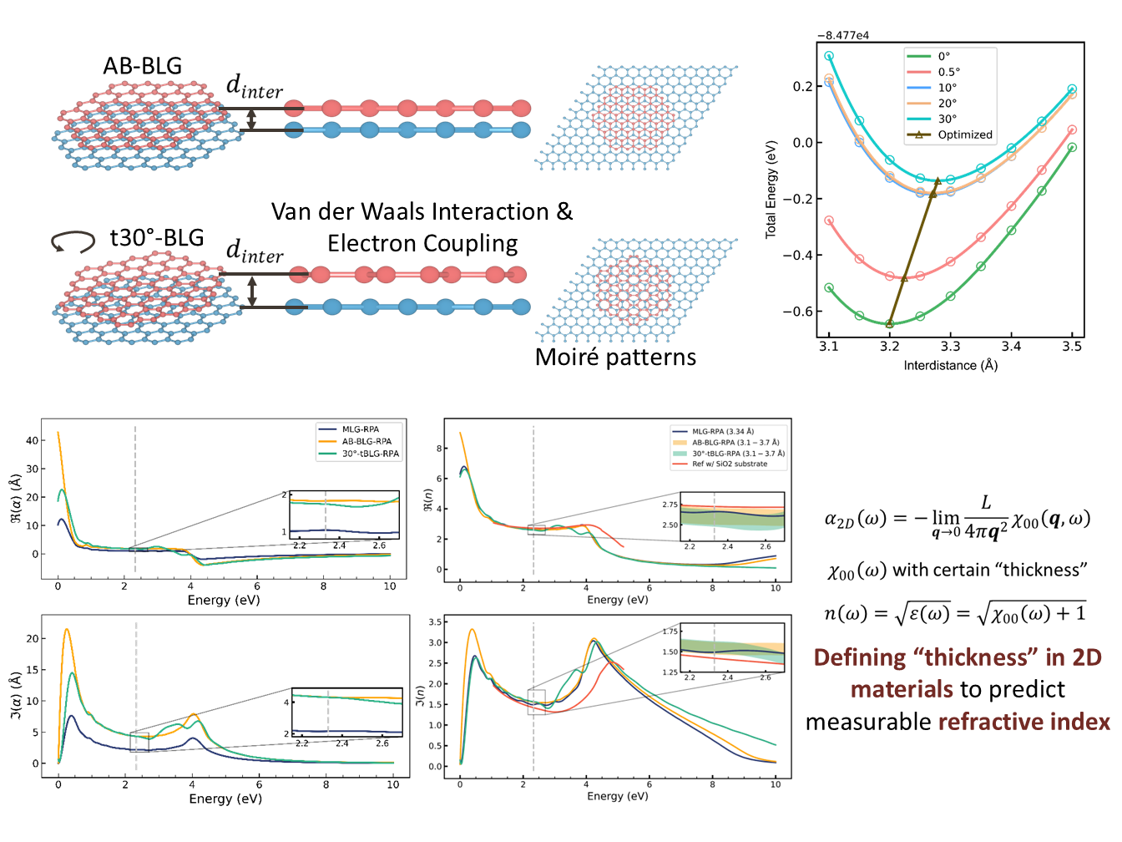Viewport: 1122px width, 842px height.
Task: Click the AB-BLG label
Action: (x=142, y=66)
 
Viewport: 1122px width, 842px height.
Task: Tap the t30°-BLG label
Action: (x=157, y=238)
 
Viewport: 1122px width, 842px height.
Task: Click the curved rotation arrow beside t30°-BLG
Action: (x=73, y=241)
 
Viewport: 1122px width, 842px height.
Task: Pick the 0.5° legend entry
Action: (x=948, y=72)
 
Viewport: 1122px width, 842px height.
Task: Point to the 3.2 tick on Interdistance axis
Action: (x=889, y=346)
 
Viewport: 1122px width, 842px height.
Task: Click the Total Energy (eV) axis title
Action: (x=771, y=190)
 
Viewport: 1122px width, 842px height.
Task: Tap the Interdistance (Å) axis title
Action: (x=950, y=365)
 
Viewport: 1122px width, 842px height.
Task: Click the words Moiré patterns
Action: (x=615, y=358)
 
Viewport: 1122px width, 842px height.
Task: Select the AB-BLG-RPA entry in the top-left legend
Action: (x=366, y=441)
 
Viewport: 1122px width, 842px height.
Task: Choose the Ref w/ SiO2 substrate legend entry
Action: (x=729, y=464)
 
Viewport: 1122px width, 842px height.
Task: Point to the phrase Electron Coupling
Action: (x=422, y=243)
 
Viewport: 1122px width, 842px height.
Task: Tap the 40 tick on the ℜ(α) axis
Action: (x=33, y=440)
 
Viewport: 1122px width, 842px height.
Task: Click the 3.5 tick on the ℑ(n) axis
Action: (x=435, y=622)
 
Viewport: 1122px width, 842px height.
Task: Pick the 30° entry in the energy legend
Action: (x=947, y=119)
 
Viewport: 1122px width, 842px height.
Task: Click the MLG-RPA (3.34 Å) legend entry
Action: (x=722, y=432)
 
